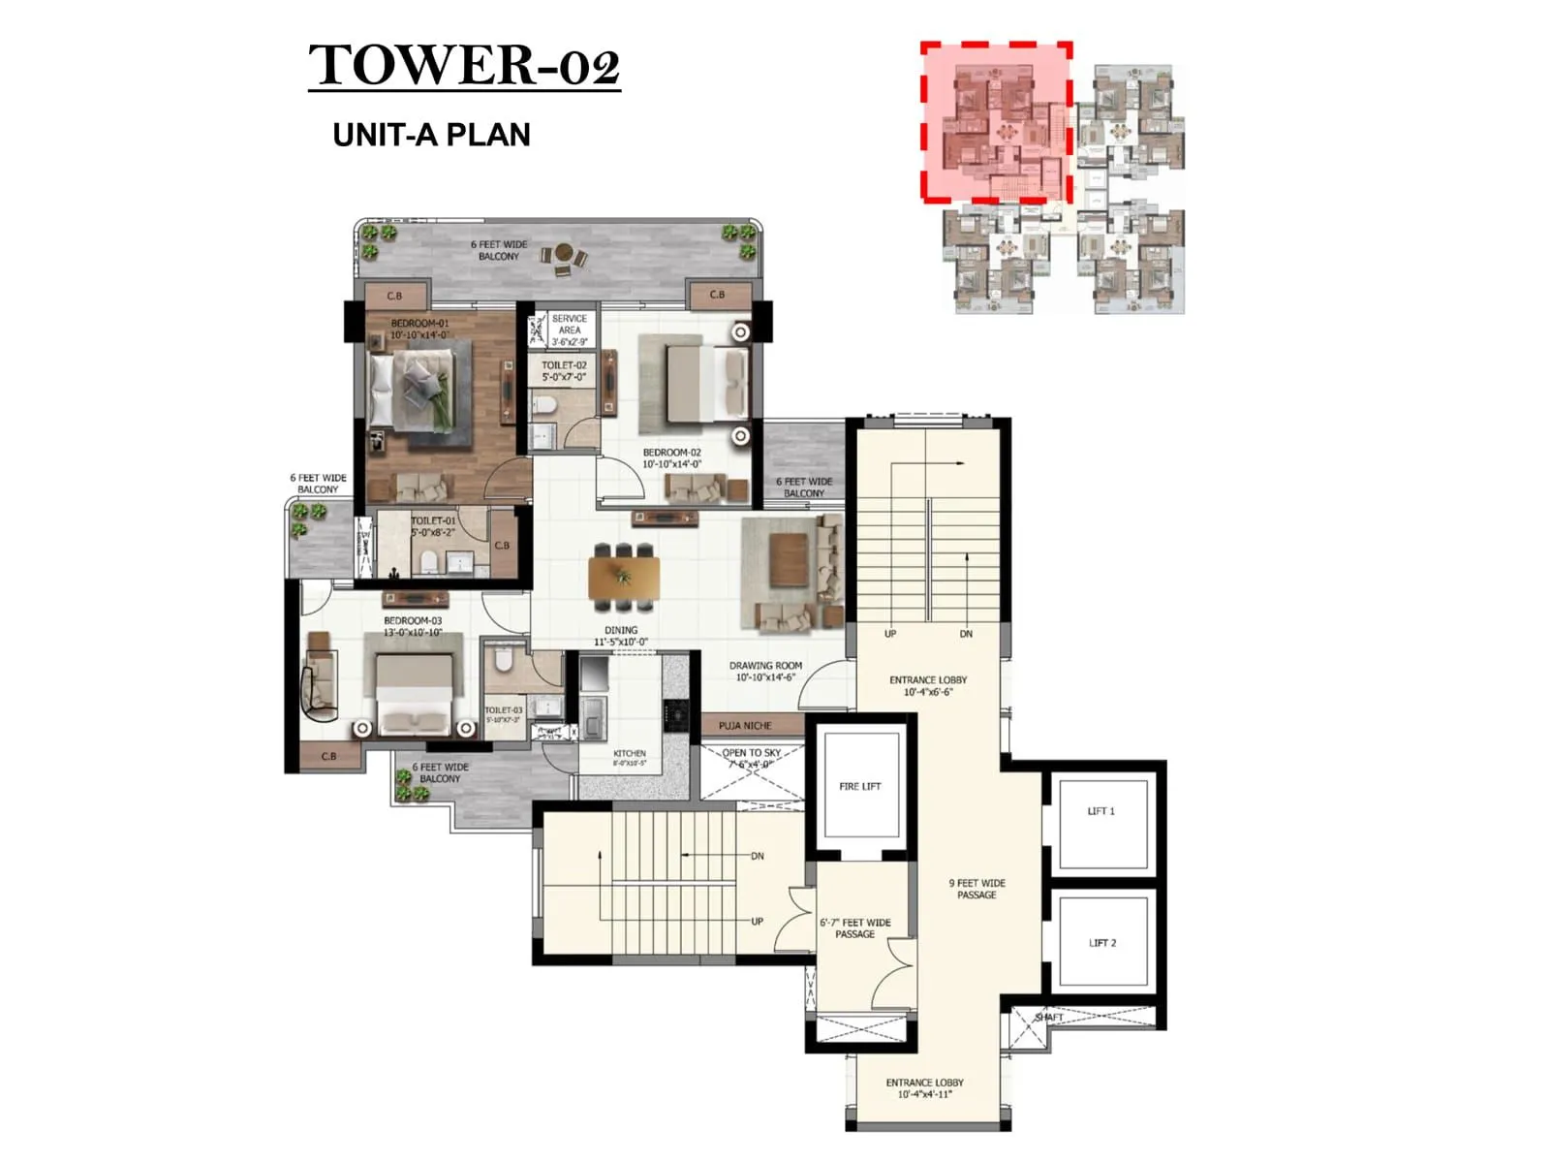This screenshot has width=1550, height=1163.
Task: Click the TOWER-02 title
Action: tap(464, 65)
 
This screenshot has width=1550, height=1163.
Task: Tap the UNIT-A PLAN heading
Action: tap(431, 135)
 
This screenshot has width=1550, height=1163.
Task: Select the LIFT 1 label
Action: tap(1100, 811)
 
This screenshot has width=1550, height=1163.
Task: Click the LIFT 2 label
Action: tap(1101, 943)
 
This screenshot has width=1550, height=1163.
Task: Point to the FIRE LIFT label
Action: tap(859, 787)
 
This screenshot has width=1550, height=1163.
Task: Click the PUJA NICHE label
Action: tap(745, 725)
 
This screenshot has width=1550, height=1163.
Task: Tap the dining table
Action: tap(623, 578)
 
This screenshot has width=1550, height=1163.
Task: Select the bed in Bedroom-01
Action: tap(412, 389)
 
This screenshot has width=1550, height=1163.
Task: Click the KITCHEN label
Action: tap(629, 754)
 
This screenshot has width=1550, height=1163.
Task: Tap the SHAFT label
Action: tap(1048, 1018)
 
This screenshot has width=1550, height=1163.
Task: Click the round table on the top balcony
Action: tap(564, 253)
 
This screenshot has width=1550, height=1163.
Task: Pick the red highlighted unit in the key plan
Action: tap(996, 121)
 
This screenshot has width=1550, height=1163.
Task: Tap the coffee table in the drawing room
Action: tap(789, 561)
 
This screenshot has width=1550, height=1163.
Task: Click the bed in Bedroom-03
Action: tap(414, 690)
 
